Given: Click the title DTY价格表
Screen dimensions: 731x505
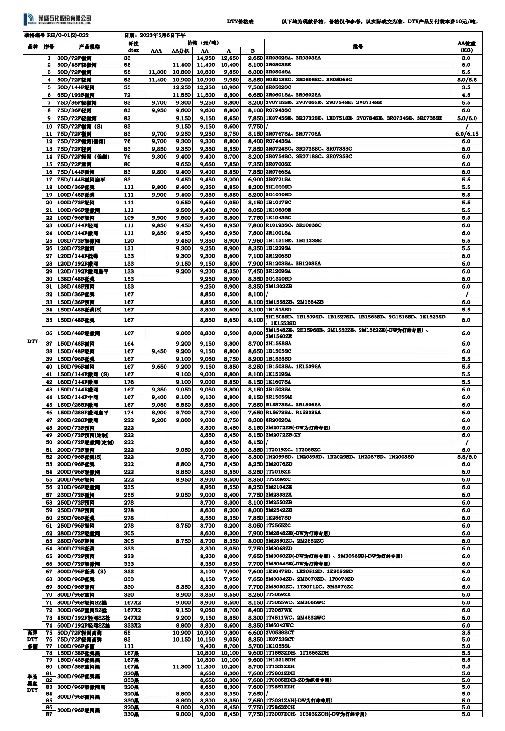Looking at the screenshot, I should click(240, 22).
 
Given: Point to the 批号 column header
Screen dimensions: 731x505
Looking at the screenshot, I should click(358, 47).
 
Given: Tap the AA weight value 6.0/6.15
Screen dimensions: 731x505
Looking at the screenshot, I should click(466, 134).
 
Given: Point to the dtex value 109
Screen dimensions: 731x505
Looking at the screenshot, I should click(129, 218).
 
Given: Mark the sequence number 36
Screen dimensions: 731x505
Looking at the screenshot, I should click(49, 333).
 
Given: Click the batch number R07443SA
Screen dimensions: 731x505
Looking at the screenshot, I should click(278, 141).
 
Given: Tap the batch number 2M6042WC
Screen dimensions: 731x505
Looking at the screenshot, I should click(280, 625).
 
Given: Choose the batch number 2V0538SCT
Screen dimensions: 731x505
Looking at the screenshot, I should click(280, 633).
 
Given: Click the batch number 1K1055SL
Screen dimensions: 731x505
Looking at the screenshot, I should click(278, 647).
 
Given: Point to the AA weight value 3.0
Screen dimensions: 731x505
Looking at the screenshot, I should click(466, 58).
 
